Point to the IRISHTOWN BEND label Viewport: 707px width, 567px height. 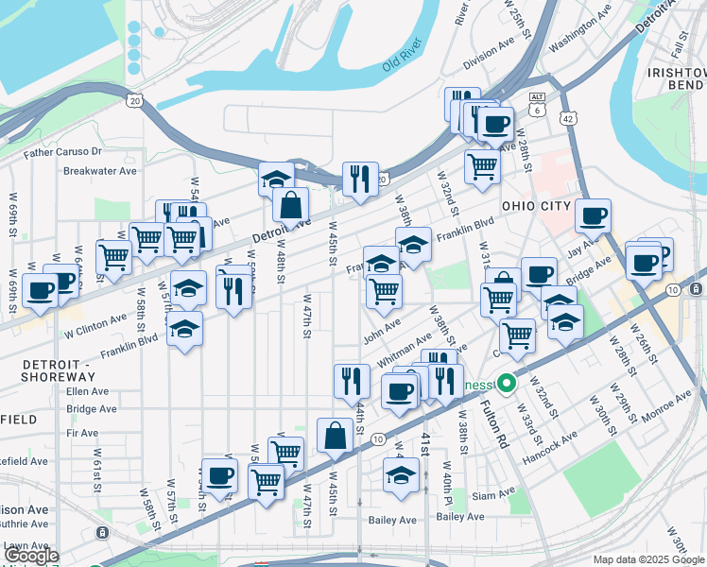pos(676,79)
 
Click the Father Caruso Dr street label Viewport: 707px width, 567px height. pos(62,151)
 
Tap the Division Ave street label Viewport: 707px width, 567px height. pos(490,54)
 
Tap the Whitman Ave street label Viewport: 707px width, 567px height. pos(404,350)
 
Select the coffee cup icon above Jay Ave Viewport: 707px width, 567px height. pos(593,216)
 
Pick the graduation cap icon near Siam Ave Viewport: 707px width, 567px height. pos(402,476)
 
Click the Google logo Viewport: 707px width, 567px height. pos(31,557)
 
